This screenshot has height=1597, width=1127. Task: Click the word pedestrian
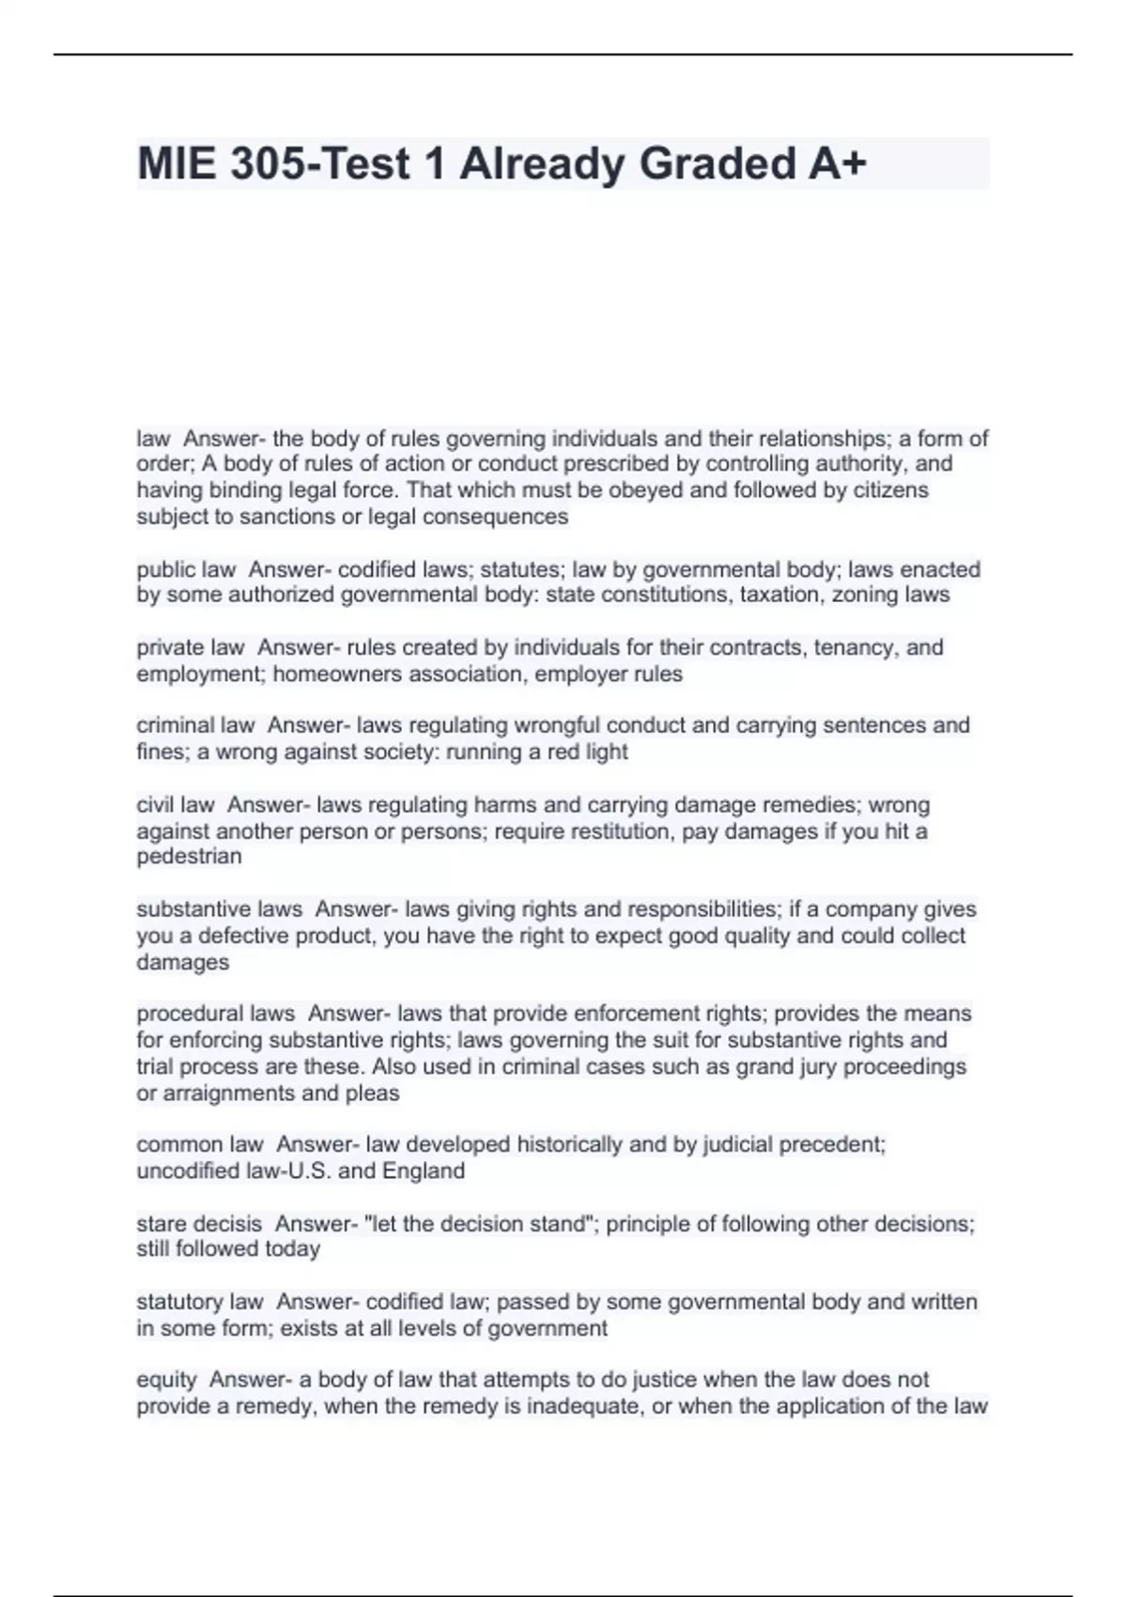coord(189,857)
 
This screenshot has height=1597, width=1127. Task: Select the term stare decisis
coord(199,1224)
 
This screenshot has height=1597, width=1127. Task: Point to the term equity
coord(166,1380)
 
